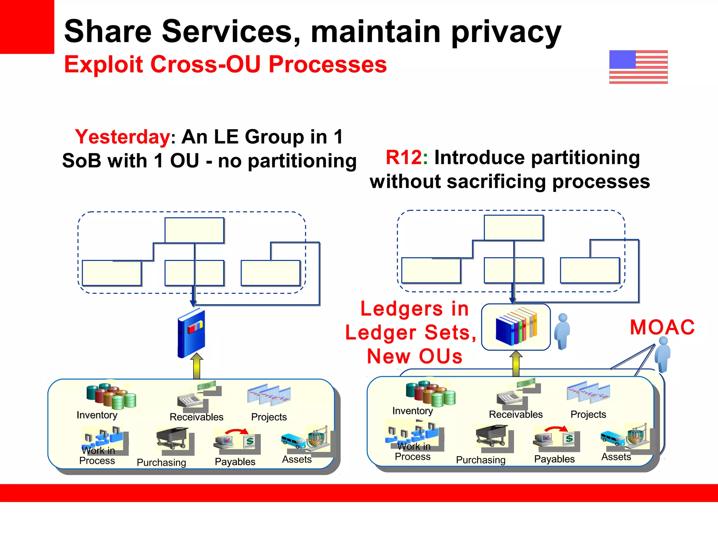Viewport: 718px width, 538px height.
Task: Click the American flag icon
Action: (638, 67)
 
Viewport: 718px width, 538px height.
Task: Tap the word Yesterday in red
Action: (122, 137)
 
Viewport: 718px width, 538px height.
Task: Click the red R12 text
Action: (404, 157)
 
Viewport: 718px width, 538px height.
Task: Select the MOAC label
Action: (662, 327)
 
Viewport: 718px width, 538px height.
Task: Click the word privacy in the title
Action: (506, 32)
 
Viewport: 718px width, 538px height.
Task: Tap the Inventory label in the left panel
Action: (97, 415)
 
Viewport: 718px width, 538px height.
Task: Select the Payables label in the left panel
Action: (235, 462)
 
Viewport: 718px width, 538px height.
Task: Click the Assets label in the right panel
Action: (616, 457)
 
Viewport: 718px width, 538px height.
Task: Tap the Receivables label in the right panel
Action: (515, 414)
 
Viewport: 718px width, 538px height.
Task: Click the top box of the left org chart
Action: (194, 230)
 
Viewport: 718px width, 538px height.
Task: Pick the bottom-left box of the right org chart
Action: (431, 270)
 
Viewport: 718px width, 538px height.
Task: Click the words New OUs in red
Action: (415, 356)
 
